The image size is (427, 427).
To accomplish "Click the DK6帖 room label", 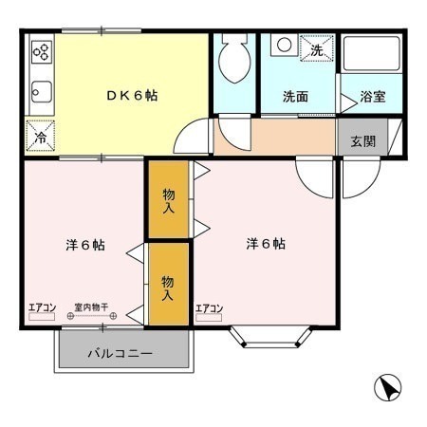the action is click(132, 95).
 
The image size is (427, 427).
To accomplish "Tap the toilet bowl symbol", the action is click(234, 58).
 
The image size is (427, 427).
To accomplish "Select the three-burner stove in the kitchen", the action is click(42, 52).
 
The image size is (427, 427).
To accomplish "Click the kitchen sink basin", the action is click(42, 92).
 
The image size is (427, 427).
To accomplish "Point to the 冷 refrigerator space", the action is click(40, 136).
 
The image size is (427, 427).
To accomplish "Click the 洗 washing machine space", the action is click(317, 47).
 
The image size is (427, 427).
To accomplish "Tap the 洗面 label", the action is click(295, 97).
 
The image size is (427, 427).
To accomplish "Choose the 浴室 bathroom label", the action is click(373, 97).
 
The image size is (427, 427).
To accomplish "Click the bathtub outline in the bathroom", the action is click(371, 53).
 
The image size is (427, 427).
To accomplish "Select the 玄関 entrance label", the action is click(363, 141).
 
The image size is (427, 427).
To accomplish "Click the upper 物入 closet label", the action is click(169, 201).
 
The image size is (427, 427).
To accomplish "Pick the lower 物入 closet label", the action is click(168, 288).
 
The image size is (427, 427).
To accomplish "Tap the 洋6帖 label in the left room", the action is click(85, 245).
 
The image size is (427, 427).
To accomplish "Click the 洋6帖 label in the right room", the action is click(266, 244).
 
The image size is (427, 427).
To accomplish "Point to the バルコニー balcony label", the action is click(121, 353).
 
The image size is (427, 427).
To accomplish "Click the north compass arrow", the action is click(387, 387).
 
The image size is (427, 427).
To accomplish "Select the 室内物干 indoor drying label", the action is click(91, 306).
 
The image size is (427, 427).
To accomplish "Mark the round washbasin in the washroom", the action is click(284, 45).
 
